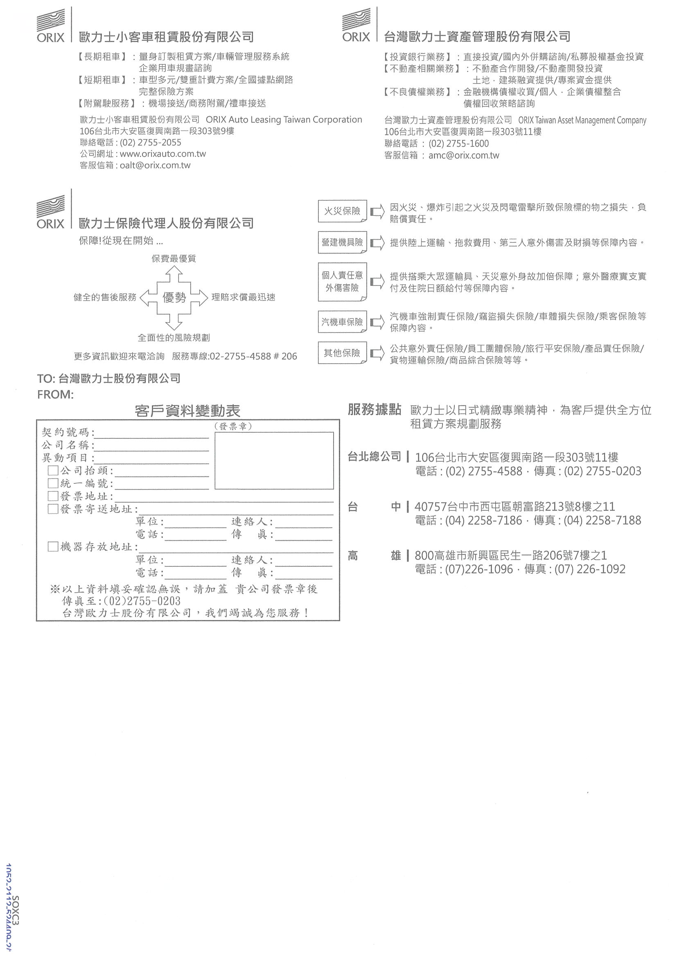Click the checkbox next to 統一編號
click(53, 483)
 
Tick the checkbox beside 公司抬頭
click(53, 471)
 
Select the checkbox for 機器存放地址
click(53, 546)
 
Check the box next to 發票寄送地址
click(53, 508)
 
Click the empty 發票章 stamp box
click(274, 460)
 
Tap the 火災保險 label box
click(342, 211)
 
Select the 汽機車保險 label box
click(342, 322)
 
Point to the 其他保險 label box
click(342, 353)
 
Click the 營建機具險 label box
click(342, 242)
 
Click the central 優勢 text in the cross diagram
click(174, 298)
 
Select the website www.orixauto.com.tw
click(162, 154)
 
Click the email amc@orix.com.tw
click(464, 155)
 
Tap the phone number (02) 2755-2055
click(151, 143)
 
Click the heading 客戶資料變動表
click(187, 411)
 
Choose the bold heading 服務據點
click(374, 410)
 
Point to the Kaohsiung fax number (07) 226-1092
click(590, 569)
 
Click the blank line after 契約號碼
click(152, 434)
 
